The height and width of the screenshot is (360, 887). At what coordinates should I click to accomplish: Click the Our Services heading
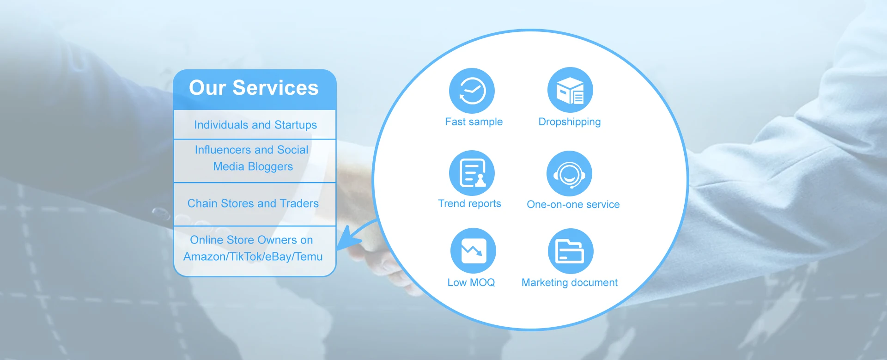[254, 88]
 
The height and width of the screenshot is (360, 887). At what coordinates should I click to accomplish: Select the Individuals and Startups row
[255, 125]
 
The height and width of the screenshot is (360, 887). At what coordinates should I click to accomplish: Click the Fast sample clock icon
[472, 91]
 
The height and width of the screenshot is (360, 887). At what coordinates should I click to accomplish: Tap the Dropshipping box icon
[570, 90]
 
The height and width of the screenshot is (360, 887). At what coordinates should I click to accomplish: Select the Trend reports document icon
[472, 173]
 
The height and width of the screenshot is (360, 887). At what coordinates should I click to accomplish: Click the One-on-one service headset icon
[569, 173]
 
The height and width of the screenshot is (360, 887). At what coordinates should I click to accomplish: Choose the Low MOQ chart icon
[473, 251]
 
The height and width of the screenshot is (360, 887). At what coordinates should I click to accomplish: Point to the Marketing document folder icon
[571, 251]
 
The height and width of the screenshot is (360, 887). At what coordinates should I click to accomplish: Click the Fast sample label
[474, 122]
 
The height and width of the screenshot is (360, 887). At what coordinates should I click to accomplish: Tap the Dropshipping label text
[570, 122]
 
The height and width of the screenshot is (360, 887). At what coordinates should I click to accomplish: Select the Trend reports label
[469, 204]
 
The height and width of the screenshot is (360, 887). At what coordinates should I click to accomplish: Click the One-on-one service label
[573, 204]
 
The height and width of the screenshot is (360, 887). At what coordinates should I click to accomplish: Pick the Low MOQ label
[471, 282]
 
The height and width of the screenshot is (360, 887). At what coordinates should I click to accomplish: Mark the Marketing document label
[570, 283]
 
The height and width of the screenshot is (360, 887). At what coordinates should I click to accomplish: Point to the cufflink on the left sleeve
[160, 213]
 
